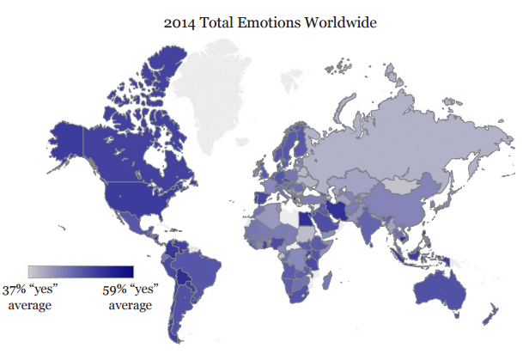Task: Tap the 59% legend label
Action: [125, 290]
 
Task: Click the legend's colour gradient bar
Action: [81, 272]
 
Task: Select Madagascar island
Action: [327, 278]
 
